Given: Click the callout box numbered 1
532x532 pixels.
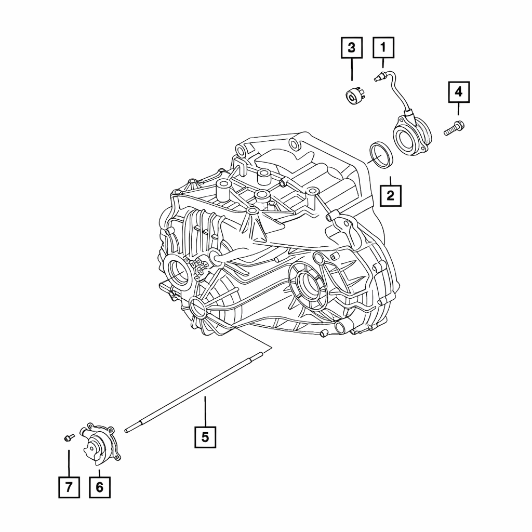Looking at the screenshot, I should pos(383,48).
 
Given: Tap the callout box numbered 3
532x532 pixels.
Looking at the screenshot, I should pos(352,48).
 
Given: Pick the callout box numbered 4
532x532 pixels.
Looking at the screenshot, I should pos(458,92).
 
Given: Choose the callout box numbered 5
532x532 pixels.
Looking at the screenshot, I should pos(205,437).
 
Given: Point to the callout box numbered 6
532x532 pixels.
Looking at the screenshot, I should pos(99,487).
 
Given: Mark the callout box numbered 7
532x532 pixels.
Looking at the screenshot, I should pos(69,487).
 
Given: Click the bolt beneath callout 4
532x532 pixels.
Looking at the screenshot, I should pos(454,128).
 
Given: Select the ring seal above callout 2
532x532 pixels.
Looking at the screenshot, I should pos(381,155).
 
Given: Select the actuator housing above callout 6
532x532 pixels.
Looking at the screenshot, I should pos(100,446).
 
